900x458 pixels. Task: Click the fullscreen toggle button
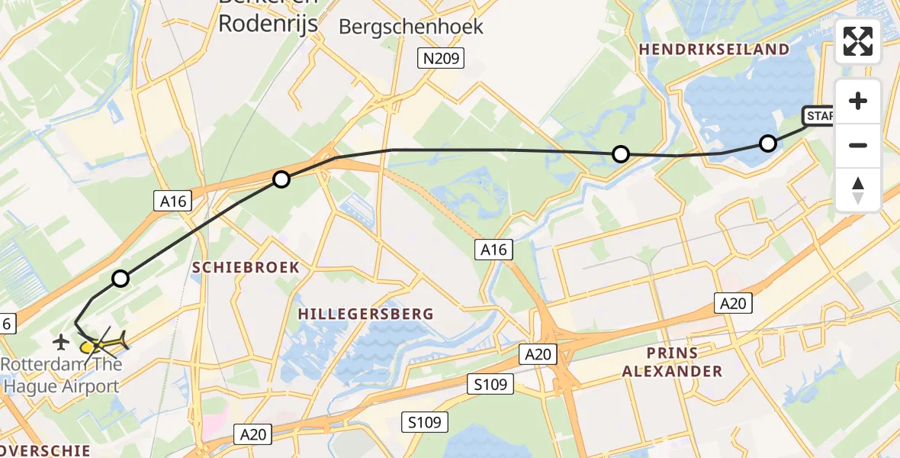pos(858,41)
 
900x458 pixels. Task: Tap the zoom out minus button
pos(858,145)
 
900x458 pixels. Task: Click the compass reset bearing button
pos(858,189)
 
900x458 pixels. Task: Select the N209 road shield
pos(442,57)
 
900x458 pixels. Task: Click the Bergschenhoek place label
pos(411,27)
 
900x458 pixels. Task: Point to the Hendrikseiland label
pos(715,50)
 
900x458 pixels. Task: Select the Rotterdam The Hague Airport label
pos(61,375)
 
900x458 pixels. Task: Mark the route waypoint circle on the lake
pos(768,143)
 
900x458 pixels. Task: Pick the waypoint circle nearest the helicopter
pos(121,279)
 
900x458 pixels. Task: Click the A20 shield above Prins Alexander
pos(733,303)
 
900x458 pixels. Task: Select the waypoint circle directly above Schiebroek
pos(281,179)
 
